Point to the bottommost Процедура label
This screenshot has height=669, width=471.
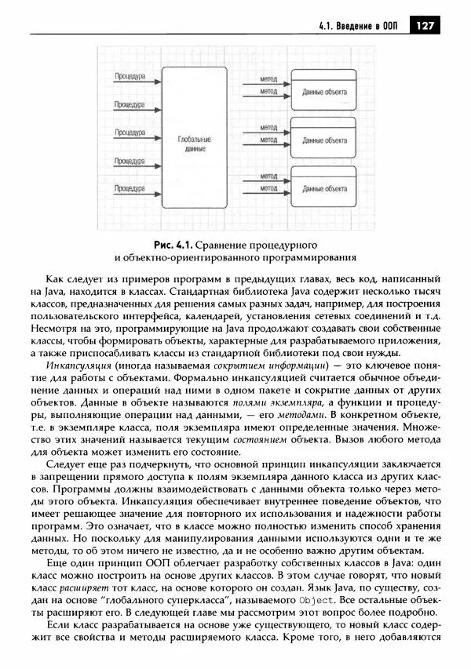(128, 189)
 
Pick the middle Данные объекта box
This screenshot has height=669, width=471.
(324, 141)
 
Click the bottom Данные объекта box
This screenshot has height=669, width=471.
(324, 189)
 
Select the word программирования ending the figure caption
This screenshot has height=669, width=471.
(303, 256)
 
